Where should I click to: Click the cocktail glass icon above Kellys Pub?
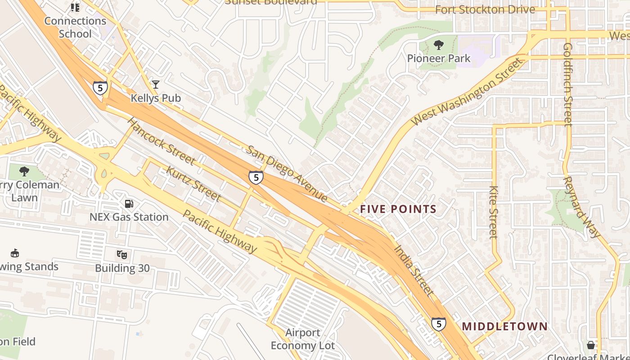point(156,84)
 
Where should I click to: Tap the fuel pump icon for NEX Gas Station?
point(129,204)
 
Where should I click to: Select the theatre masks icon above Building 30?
point(121,255)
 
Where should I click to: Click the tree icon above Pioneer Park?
point(438,45)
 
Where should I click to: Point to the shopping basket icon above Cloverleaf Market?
point(590,345)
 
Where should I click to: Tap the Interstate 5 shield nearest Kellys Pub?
point(100,88)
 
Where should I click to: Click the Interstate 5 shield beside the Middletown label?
point(438,324)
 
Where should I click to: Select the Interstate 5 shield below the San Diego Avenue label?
point(256,177)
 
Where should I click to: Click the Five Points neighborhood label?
point(398,209)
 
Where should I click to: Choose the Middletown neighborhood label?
point(504,326)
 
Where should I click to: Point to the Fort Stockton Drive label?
point(485,9)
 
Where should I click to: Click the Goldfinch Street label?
point(568,85)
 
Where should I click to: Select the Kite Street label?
point(493,211)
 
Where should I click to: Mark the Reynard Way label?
point(581,207)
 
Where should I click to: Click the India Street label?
point(414,270)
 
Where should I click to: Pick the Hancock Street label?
point(161,141)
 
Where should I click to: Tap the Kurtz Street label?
point(193,184)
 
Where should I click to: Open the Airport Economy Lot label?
point(302,339)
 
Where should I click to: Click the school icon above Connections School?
point(75,8)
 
